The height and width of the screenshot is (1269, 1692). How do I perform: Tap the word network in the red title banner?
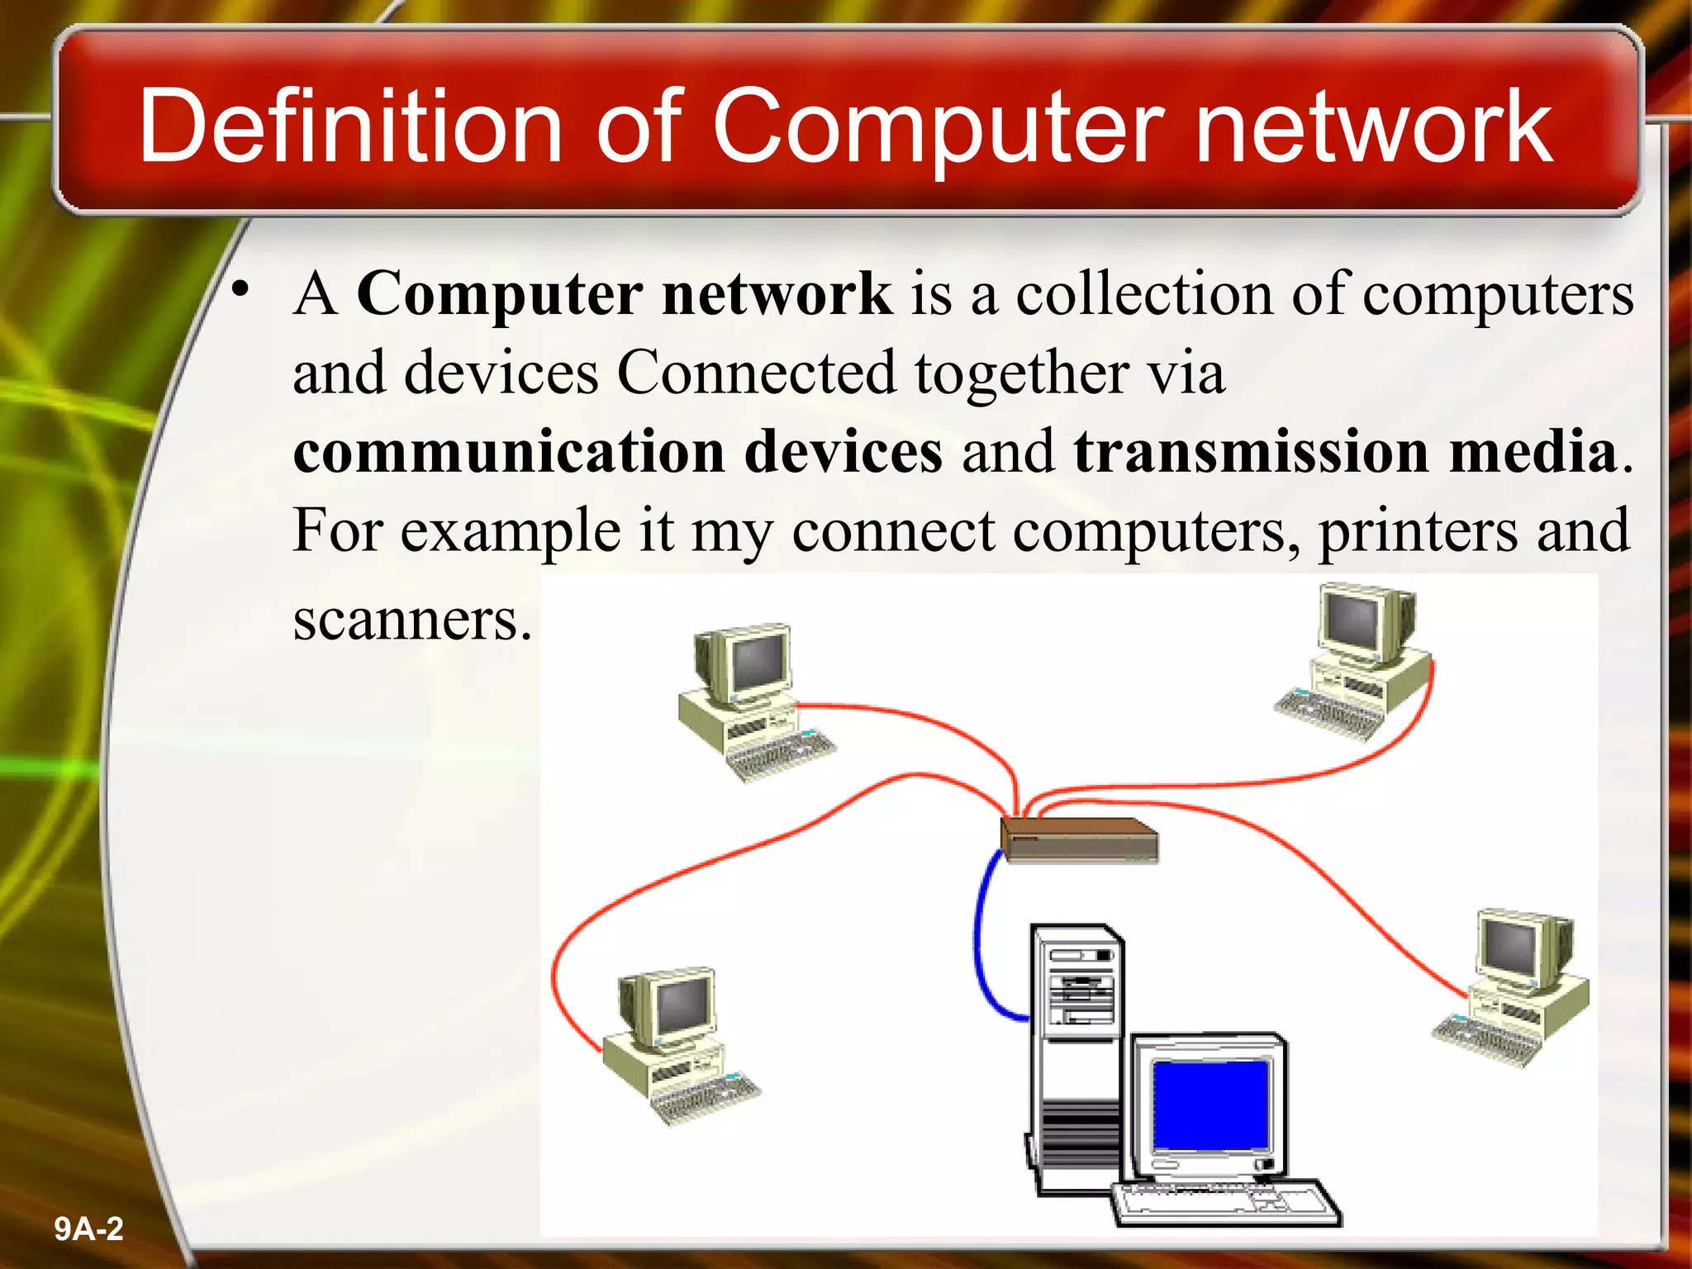[x=1373, y=126]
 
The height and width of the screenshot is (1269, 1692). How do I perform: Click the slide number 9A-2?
[x=88, y=1229]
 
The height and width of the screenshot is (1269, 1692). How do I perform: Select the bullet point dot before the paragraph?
[x=240, y=289]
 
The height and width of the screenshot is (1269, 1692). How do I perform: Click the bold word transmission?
[x=1251, y=452]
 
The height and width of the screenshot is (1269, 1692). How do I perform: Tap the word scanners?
[x=411, y=619]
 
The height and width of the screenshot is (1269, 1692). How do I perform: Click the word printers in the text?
[x=1418, y=531]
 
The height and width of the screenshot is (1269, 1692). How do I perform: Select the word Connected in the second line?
[x=756, y=373]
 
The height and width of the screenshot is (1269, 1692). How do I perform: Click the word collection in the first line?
[x=1143, y=294]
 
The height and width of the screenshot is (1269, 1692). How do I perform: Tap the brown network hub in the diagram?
[x=1079, y=839]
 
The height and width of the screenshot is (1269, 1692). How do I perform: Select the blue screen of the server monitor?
[x=1210, y=1105]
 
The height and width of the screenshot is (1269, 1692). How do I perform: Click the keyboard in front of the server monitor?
[x=1226, y=1202]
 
